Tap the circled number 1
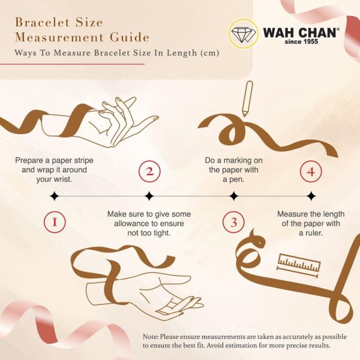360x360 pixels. pyautogui.click(x=55, y=222)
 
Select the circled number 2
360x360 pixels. pyautogui.click(x=149, y=171)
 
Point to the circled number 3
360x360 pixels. pyautogui.click(x=233, y=222)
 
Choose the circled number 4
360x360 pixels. pyautogui.click(x=311, y=171)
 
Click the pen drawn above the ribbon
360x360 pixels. pyautogui.click(x=247, y=99)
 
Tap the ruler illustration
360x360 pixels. pyautogui.click(x=298, y=265)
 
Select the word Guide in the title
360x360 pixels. pyautogui.click(x=130, y=37)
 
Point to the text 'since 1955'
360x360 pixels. pyautogui.click(x=301, y=41)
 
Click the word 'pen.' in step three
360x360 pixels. pyautogui.click(x=238, y=179)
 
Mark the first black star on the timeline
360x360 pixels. pyautogui.click(x=55, y=196)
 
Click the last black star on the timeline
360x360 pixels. pyautogui.click(x=311, y=196)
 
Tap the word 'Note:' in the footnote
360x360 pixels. pyautogui.click(x=151, y=337)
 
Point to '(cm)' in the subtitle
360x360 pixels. pyautogui.click(x=209, y=53)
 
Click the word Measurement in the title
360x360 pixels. pyautogui.click(x=59, y=37)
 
